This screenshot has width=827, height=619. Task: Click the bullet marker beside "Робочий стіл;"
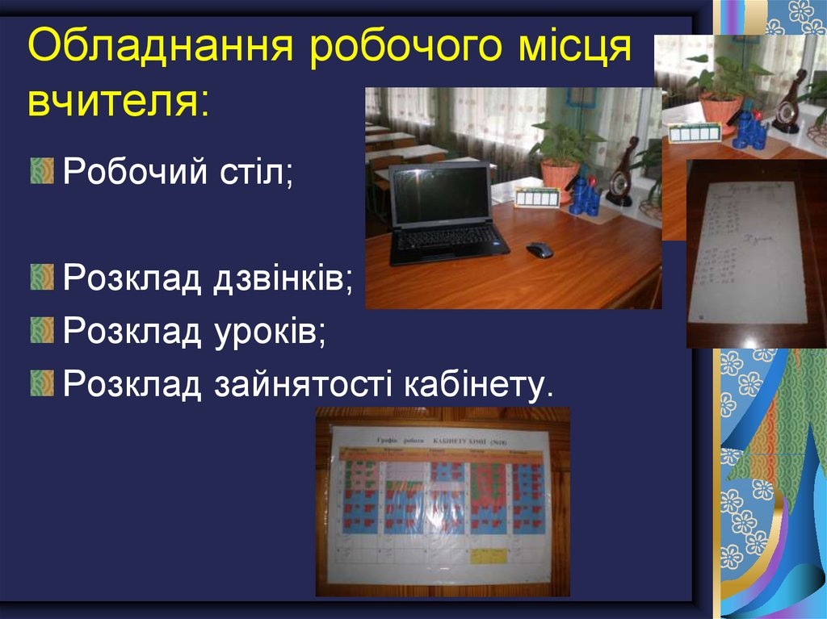[41, 171]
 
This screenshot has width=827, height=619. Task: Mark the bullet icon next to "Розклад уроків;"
[41, 329]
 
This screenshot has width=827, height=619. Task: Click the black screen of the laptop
[440, 196]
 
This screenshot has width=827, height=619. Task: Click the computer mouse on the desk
[539, 249]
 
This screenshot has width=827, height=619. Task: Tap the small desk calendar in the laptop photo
[537, 197]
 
